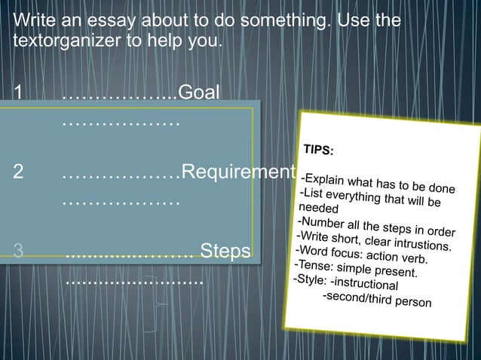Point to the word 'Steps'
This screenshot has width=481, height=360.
pos(225,250)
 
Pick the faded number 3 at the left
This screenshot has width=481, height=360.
pos(19,250)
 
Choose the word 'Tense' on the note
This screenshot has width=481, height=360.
pos(314,265)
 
